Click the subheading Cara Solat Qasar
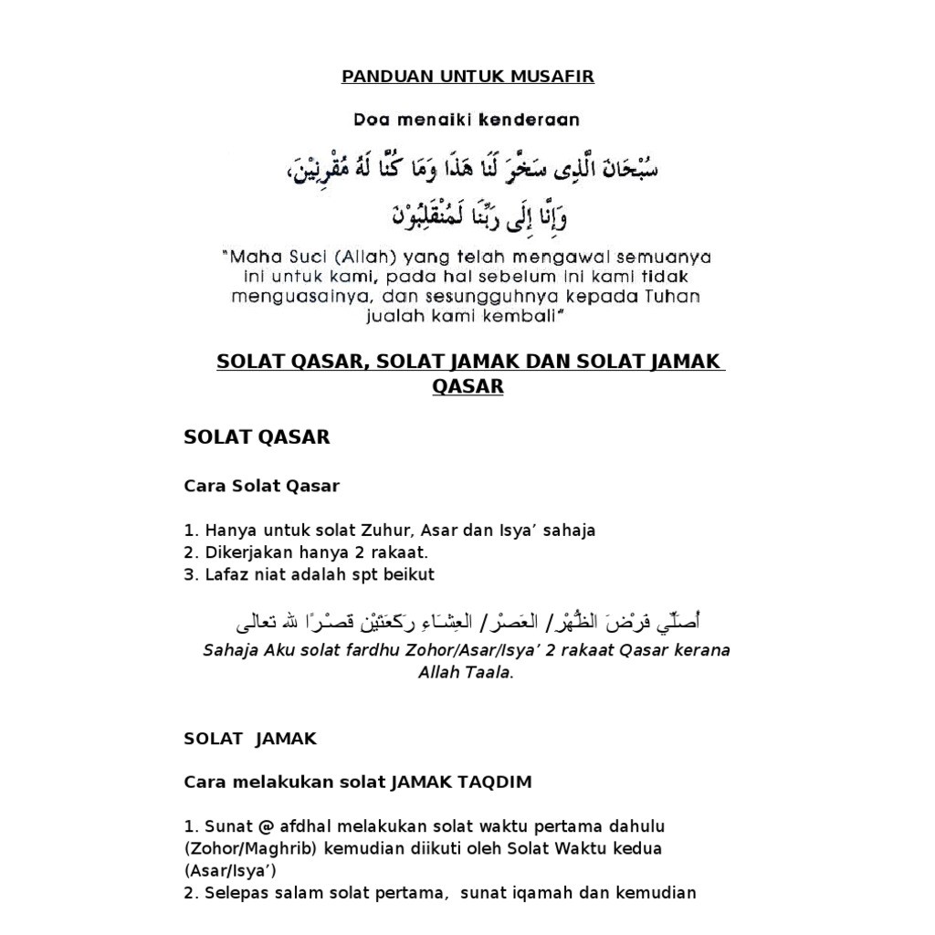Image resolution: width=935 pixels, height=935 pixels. click(x=261, y=486)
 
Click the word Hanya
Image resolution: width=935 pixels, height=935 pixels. click(x=231, y=531)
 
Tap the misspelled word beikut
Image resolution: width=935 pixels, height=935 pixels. click(x=409, y=574)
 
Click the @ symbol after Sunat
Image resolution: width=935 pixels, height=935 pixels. click(x=266, y=826)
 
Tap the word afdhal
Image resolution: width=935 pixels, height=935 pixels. click(x=306, y=826)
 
